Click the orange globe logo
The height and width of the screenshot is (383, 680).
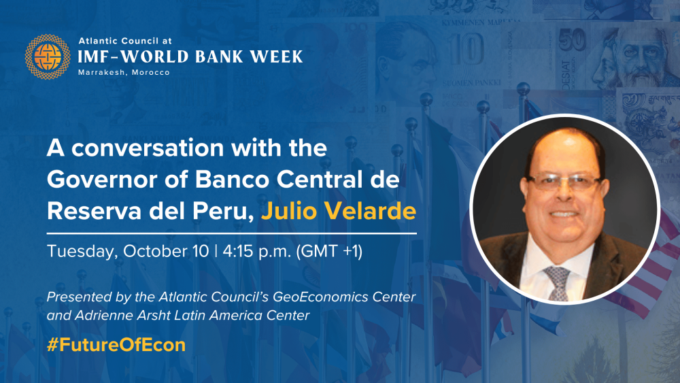[x=48, y=57]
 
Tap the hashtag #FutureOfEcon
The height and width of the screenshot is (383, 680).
[x=116, y=345]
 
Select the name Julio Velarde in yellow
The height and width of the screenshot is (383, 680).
[x=339, y=212]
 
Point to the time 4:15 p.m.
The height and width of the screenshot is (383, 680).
[x=257, y=252]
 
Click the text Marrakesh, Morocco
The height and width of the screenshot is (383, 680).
[x=124, y=72]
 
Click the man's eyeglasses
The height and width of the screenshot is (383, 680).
[x=563, y=182]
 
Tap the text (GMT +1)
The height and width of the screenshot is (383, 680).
[x=329, y=252]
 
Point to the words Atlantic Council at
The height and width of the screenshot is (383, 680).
[x=125, y=41]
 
